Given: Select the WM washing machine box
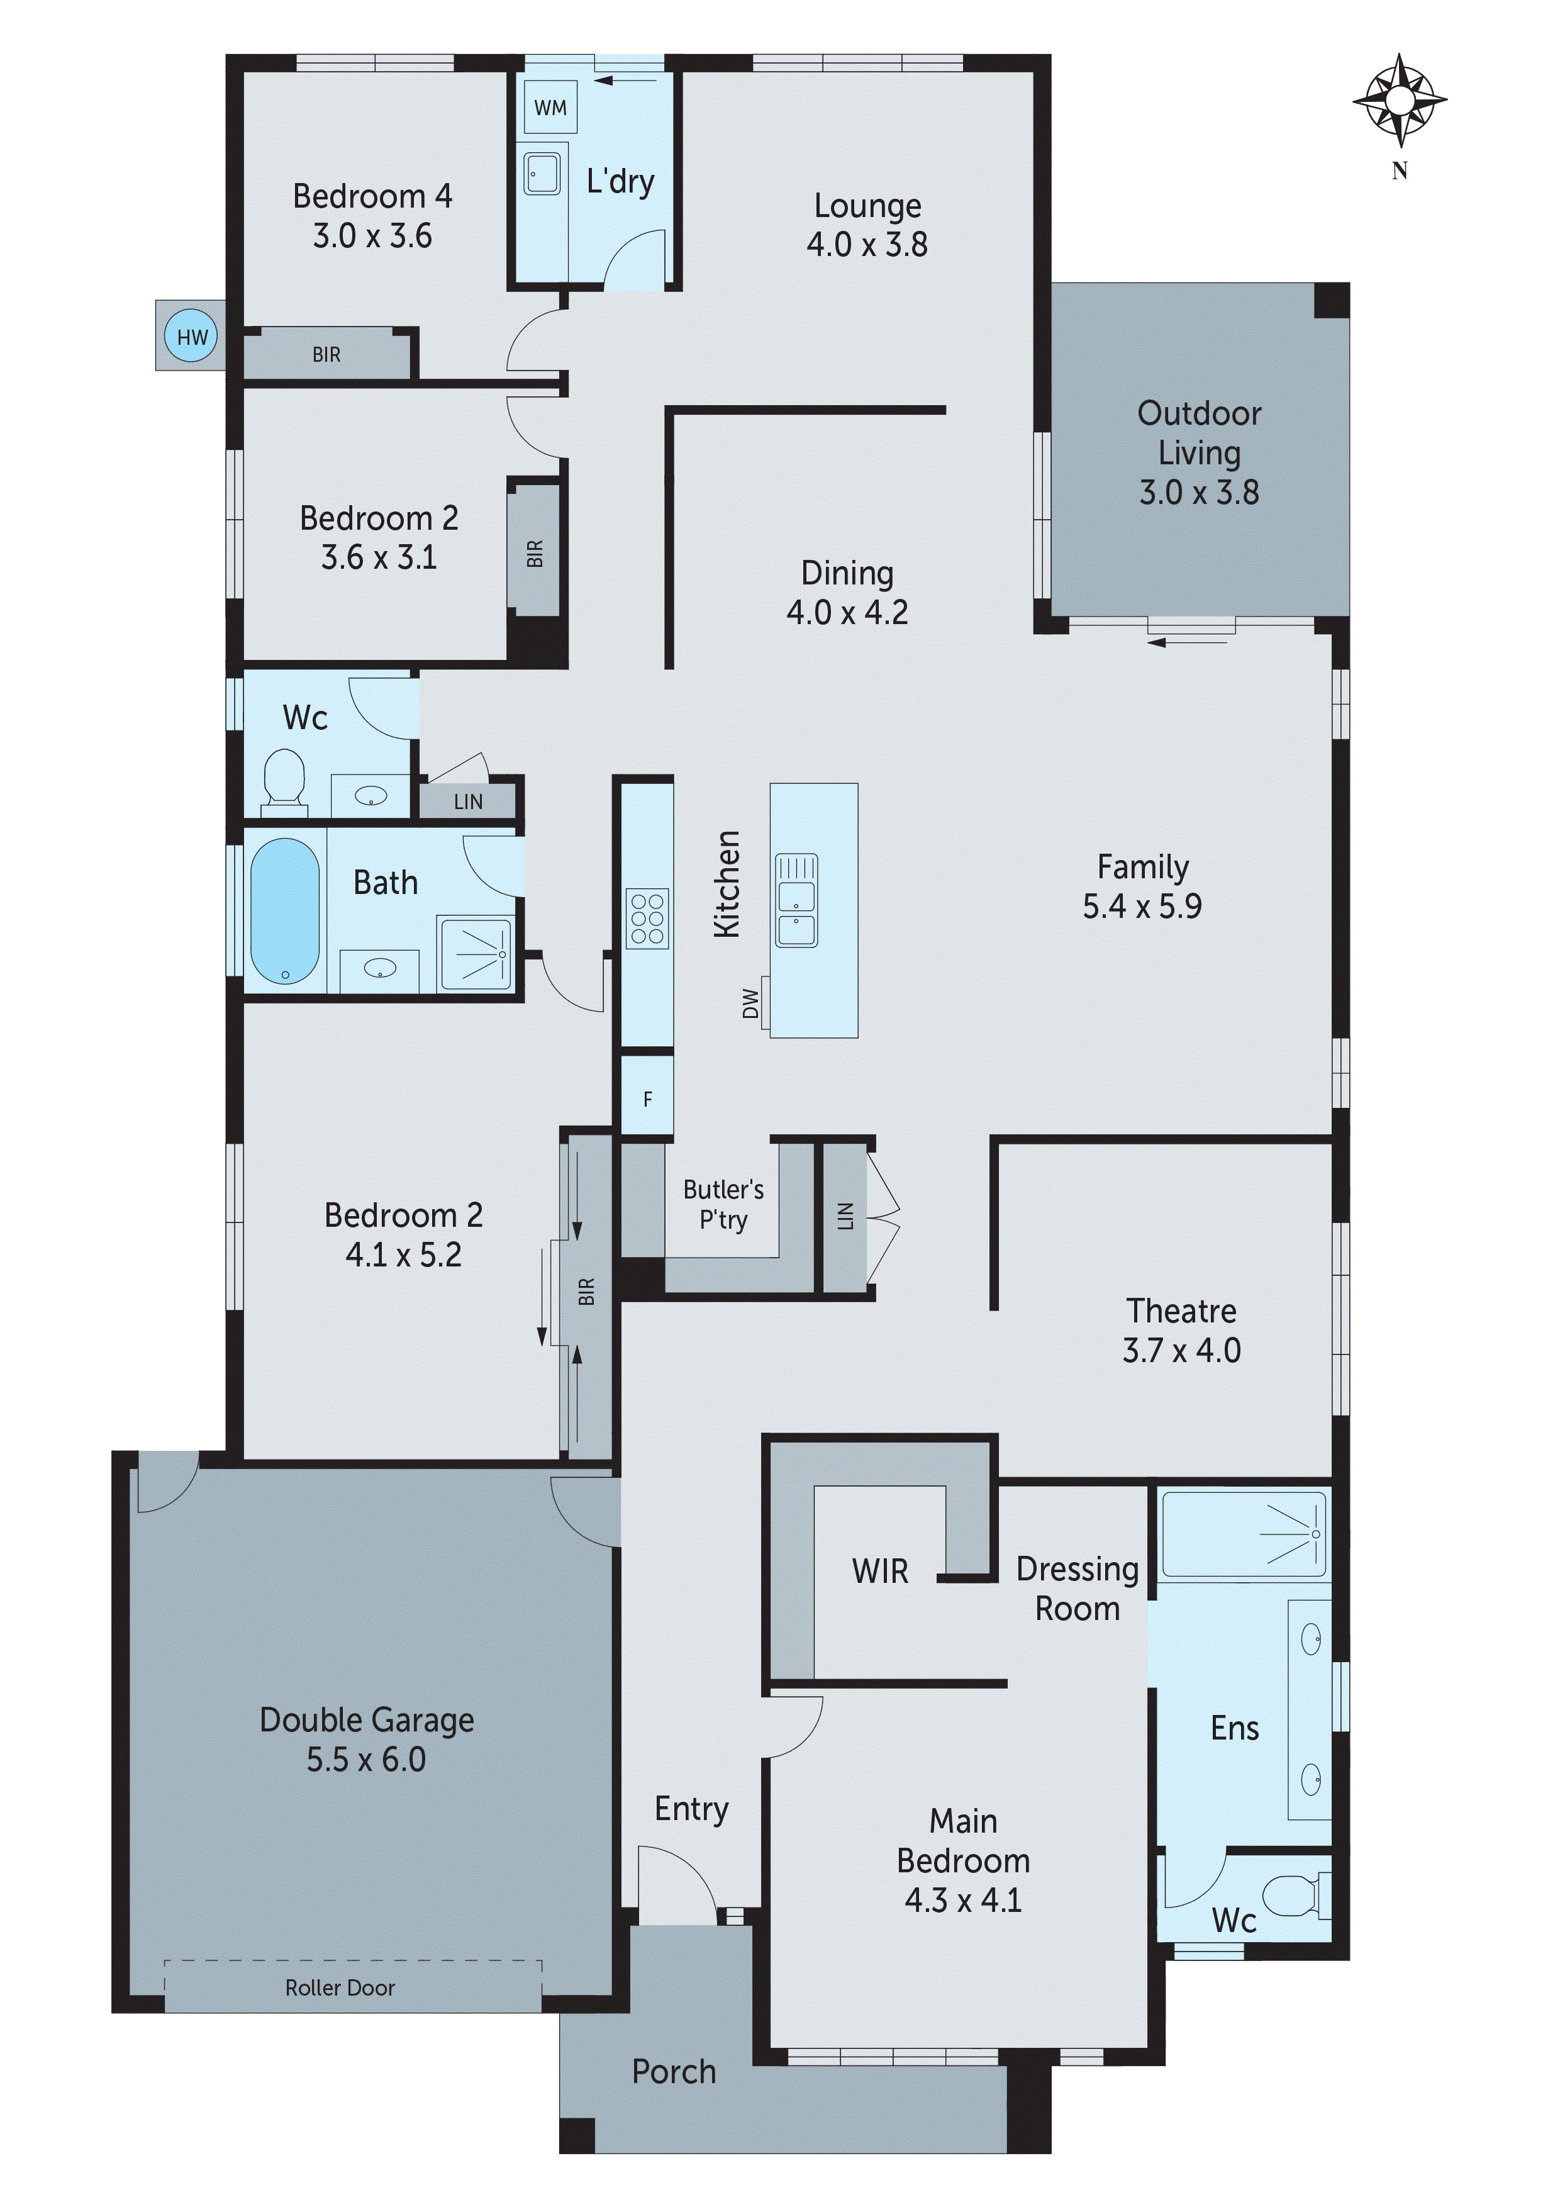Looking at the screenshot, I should click(550, 108).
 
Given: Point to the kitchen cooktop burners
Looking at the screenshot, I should click(646, 919).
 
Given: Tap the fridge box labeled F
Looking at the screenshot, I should click(647, 1098).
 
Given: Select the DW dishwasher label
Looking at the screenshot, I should click(750, 1003).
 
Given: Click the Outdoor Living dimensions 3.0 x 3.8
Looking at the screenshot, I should click(1198, 492).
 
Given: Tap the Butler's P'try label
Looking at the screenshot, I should click(723, 1204).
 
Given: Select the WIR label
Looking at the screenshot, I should click(879, 1571).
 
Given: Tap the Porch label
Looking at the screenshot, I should click(674, 2072).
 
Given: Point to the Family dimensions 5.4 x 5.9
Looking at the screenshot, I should click(1142, 907).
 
